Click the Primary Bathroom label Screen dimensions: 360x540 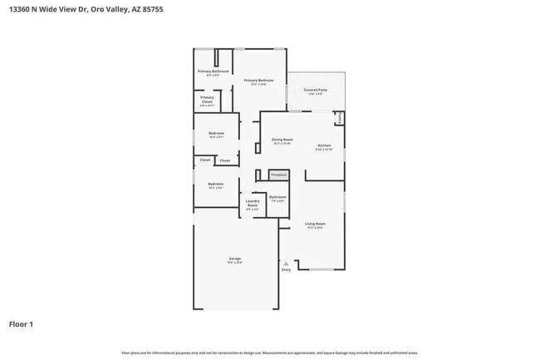point(213,72)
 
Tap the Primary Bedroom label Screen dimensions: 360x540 point(258,80)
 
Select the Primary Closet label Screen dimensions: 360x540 point(207,98)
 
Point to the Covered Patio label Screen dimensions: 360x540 point(315,90)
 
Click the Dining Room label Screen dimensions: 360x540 point(282,140)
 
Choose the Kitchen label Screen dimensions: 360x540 point(324,145)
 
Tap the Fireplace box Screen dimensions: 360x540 point(278,175)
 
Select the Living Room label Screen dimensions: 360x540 point(315,224)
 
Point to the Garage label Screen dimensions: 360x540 point(235,259)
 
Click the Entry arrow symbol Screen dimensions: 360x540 point(286,263)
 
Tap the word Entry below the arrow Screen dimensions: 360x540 point(286,269)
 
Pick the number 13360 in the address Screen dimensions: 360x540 point(21,10)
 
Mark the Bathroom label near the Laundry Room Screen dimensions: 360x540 point(277,197)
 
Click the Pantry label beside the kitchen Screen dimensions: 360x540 point(340,118)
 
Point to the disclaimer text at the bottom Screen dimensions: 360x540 point(270,353)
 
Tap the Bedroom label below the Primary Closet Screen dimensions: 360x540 point(216,134)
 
